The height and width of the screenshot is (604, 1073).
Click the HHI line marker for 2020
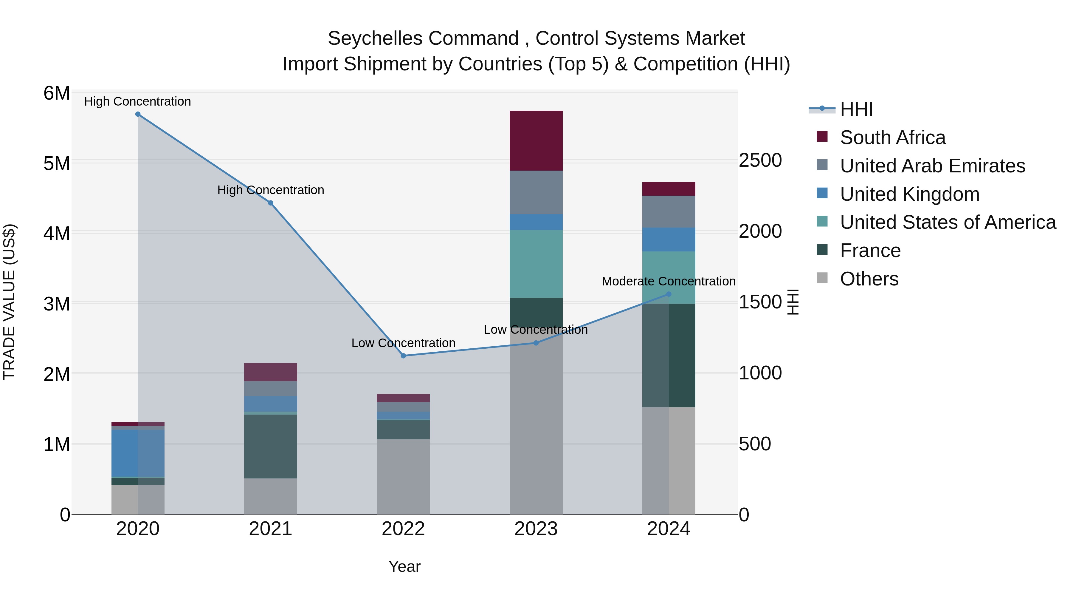(x=138, y=114)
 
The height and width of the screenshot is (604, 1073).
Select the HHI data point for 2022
(x=403, y=356)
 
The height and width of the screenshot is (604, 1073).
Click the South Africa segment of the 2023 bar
(x=536, y=141)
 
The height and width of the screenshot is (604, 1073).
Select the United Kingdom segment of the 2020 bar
(x=138, y=453)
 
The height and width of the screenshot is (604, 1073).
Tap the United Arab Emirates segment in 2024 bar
(x=669, y=212)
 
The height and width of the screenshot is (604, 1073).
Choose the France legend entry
(x=870, y=251)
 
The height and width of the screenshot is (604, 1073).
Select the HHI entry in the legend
(x=856, y=109)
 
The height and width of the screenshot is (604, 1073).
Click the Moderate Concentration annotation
(x=669, y=281)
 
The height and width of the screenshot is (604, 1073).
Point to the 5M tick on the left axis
(x=57, y=163)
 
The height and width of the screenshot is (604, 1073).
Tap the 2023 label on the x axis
(x=536, y=529)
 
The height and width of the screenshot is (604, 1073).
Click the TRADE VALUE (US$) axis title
(x=10, y=302)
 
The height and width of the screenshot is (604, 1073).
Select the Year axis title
(x=404, y=566)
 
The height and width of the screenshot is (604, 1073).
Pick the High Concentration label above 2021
(x=270, y=190)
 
